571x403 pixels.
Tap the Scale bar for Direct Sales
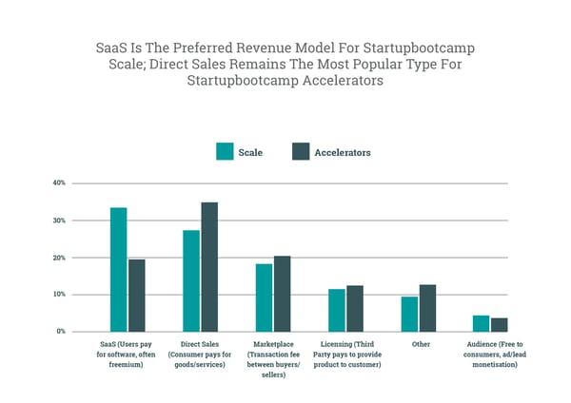coord(191,280)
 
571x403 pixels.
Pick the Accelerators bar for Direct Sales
coord(209,266)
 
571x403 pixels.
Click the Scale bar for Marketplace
coord(264,297)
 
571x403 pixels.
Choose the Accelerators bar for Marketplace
coord(282,294)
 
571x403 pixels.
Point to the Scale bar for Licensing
coord(337,310)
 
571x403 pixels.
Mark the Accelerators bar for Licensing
coord(355,308)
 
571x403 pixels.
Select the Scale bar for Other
coord(409,314)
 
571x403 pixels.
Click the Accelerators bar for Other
coord(427,308)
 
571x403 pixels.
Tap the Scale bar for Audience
coord(482,323)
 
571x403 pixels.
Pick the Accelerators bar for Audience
coord(500,324)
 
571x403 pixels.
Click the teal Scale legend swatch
coord(226,152)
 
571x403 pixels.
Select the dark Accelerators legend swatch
coord(301,152)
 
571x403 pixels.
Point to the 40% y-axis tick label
coord(59,182)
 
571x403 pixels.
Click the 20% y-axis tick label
coord(59,258)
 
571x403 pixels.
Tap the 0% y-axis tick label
coord(61,332)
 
